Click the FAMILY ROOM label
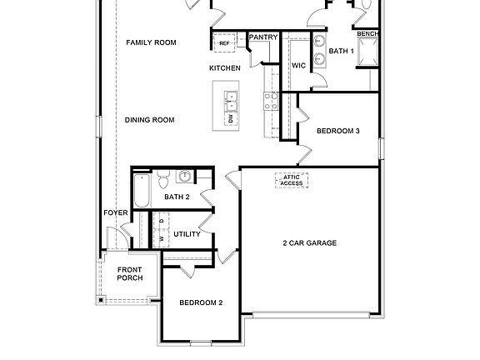click(x=151, y=42)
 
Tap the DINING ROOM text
click(x=149, y=120)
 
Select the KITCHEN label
click(x=224, y=67)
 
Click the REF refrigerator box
click(x=224, y=42)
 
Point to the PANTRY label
click(x=263, y=37)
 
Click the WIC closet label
click(x=298, y=65)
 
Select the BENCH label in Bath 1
click(x=367, y=33)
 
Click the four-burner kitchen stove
click(x=271, y=102)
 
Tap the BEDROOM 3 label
click(x=337, y=130)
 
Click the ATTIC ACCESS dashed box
click(x=291, y=180)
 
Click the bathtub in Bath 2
click(x=142, y=192)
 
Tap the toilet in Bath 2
click(x=163, y=178)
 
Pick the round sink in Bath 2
click(x=183, y=176)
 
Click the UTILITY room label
click(x=187, y=234)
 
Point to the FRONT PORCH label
click(x=129, y=274)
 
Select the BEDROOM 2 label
click(x=201, y=302)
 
